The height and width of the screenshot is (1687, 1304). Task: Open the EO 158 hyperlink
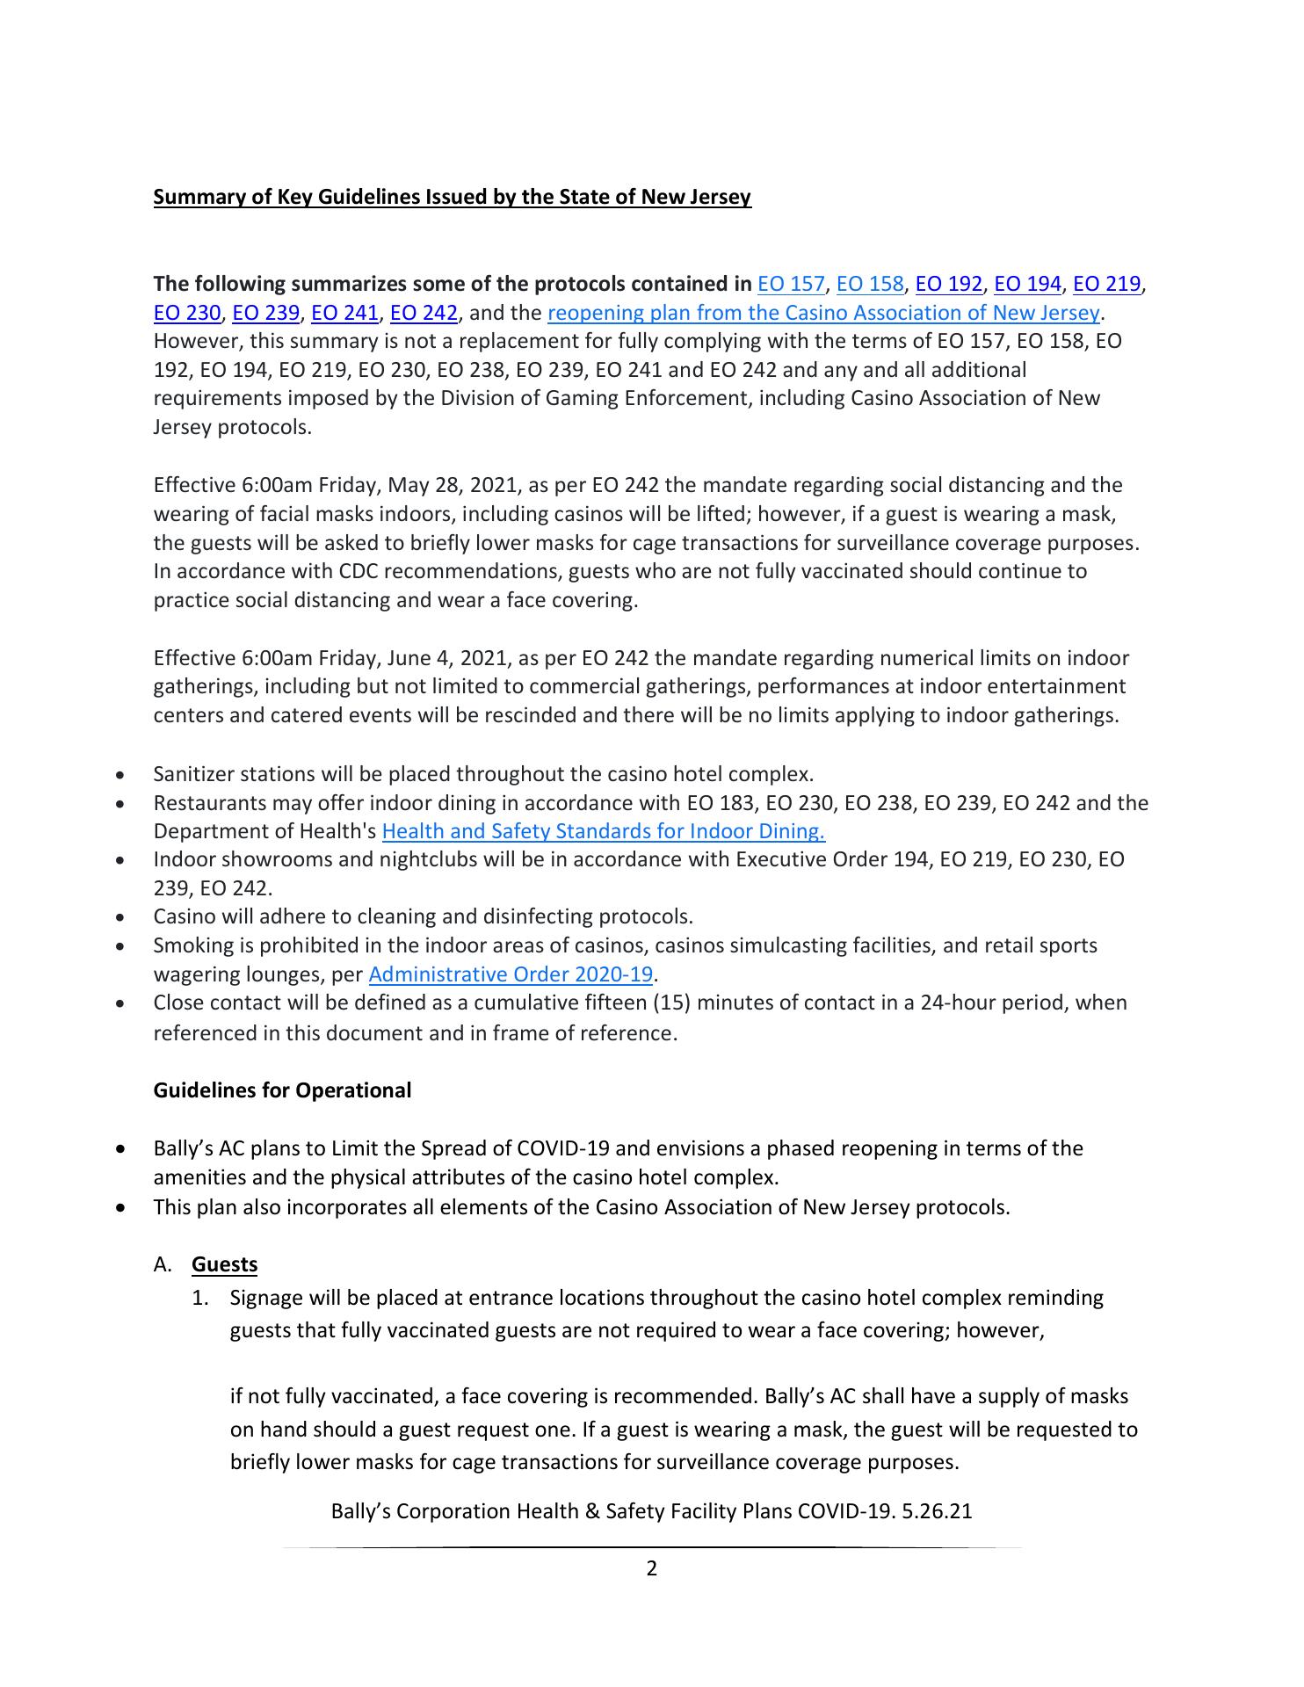coord(870,285)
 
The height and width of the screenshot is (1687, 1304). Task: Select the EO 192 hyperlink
coord(949,285)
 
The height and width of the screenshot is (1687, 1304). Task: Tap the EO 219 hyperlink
coord(1107,285)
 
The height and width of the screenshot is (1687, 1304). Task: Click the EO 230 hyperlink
coord(186,314)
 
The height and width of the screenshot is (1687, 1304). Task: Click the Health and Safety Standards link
coord(604,831)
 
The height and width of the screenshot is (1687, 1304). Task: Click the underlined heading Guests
coord(225,1264)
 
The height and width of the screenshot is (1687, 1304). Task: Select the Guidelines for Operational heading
coord(282,1090)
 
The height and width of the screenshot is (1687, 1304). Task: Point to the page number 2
coord(652,1568)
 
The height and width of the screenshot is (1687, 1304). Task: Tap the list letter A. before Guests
coord(163,1265)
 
